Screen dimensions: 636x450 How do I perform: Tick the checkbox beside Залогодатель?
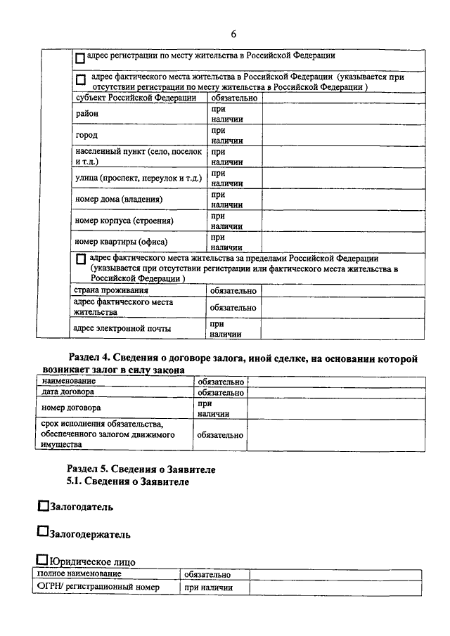[43, 505]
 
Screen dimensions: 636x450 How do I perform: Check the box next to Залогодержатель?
[43, 533]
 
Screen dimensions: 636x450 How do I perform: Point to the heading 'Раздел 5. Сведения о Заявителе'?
[141, 469]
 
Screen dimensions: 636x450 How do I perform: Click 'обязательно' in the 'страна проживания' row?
[233, 290]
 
